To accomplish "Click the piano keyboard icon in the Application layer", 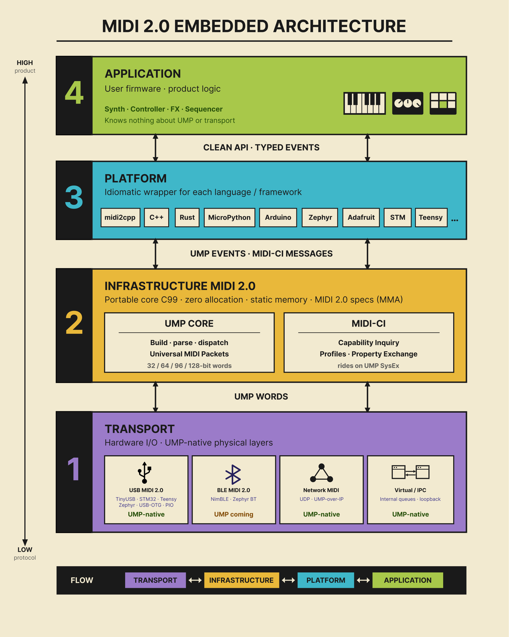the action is [x=364, y=103].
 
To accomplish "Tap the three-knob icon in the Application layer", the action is [x=407, y=103].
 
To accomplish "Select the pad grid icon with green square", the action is [x=443, y=103].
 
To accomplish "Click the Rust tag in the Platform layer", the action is [x=187, y=218].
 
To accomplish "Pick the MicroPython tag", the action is [x=229, y=218].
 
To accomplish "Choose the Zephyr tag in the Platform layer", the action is [x=320, y=218].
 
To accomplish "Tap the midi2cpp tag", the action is [x=120, y=218].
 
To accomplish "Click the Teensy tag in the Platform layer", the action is [x=431, y=218].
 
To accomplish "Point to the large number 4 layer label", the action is [x=74, y=93].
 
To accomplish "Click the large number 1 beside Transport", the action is [x=74, y=469].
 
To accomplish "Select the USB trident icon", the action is [x=145, y=472].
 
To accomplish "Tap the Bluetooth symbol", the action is [x=233, y=474].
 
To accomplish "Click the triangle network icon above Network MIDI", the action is [x=322, y=473].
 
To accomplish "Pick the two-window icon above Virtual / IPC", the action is [x=410, y=472].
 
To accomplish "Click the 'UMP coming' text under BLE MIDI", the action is [x=234, y=514].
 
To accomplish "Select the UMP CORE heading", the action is [x=189, y=324].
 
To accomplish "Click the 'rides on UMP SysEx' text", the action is [x=368, y=366].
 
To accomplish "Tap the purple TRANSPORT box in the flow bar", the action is [x=155, y=580].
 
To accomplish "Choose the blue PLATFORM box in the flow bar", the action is [x=326, y=580].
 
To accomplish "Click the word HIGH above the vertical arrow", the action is [x=25, y=63].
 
